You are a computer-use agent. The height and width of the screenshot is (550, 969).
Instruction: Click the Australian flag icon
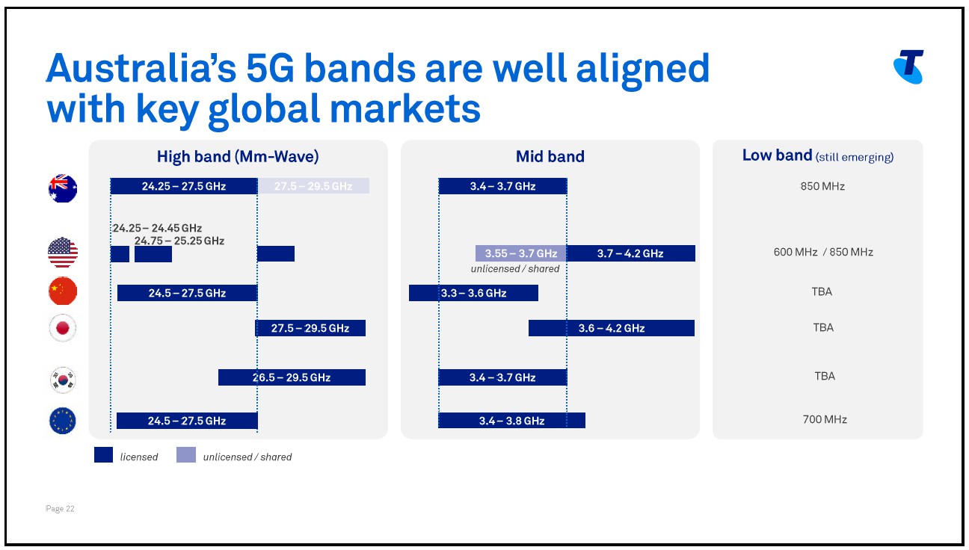(x=63, y=188)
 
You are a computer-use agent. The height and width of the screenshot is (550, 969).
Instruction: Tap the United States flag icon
(x=63, y=253)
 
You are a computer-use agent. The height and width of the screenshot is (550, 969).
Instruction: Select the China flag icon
(x=63, y=291)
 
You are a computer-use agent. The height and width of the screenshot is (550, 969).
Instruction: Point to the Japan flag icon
(x=63, y=328)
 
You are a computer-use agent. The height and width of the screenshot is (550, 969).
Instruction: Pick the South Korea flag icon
(x=63, y=379)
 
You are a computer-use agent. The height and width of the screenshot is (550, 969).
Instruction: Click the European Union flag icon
(x=63, y=421)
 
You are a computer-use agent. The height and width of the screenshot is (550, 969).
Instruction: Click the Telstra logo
(x=908, y=67)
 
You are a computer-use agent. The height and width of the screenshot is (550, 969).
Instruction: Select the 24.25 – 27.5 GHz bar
(x=184, y=186)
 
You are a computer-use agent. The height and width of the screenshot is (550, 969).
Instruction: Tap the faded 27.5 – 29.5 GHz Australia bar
(x=313, y=186)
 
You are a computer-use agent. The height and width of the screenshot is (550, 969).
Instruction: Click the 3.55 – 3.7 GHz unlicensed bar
(x=521, y=253)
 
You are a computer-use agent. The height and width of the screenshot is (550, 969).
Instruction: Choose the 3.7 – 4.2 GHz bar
(x=631, y=253)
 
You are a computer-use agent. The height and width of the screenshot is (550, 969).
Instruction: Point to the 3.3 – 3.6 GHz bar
(x=473, y=293)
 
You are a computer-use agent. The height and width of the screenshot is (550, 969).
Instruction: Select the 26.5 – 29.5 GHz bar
(x=292, y=377)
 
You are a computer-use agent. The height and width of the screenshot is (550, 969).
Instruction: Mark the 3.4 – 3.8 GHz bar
(x=511, y=421)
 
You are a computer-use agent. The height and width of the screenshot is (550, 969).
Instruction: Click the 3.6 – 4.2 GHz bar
(x=612, y=328)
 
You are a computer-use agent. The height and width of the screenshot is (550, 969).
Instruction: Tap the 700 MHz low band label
(x=825, y=419)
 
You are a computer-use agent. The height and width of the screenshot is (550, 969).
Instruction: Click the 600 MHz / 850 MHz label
(x=823, y=252)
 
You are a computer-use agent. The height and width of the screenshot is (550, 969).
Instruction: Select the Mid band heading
(x=550, y=156)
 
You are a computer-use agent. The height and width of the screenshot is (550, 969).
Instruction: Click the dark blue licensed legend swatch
(x=103, y=455)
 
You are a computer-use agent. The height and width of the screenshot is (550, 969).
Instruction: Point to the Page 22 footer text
(x=61, y=509)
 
